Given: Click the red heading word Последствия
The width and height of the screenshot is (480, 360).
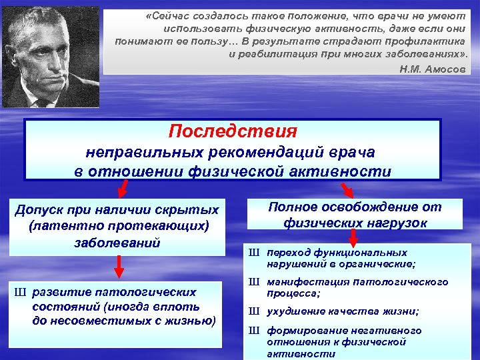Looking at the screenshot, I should point(233,130).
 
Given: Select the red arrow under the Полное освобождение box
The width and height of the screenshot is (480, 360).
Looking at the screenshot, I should point(354,237).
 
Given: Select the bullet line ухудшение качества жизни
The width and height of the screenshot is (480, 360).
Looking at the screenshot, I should point(343,311).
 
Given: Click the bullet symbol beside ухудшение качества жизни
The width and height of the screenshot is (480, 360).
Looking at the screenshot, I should point(253,311).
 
